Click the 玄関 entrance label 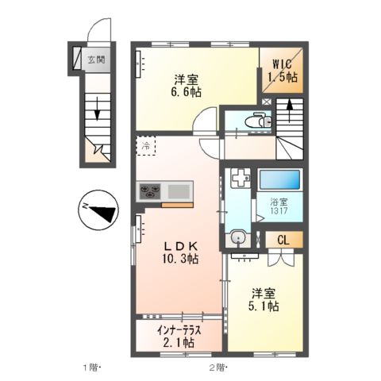click(x=97, y=60)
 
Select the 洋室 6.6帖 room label click(x=188, y=85)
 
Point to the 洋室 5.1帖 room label click(x=261, y=298)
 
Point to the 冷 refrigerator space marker click(x=146, y=146)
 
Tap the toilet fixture click(x=254, y=121)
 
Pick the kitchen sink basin click(x=179, y=190)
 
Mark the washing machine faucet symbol click(x=237, y=180)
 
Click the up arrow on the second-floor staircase click(x=289, y=110)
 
